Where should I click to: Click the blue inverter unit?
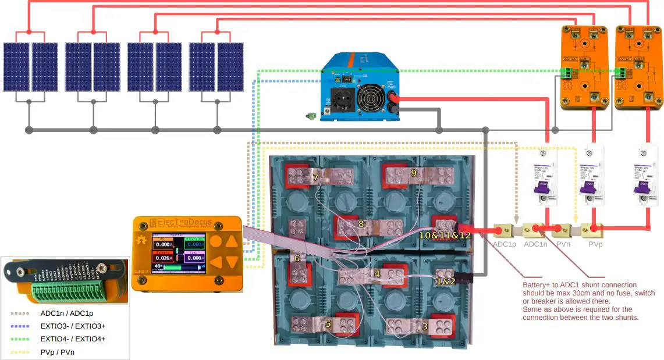[x=358, y=87]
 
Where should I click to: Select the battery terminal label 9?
[x=414, y=173]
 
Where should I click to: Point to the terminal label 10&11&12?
[x=445, y=236]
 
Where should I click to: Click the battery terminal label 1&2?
[x=446, y=281]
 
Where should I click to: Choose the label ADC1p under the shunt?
[x=505, y=244]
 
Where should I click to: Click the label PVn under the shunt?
[x=563, y=244]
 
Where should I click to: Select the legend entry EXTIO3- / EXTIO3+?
[x=73, y=326]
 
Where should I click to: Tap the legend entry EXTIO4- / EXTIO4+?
[x=73, y=338]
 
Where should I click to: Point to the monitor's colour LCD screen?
[x=179, y=253]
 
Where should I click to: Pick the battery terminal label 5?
[x=328, y=324]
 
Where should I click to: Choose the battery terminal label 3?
[x=425, y=327]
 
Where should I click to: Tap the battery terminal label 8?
[x=361, y=223]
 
